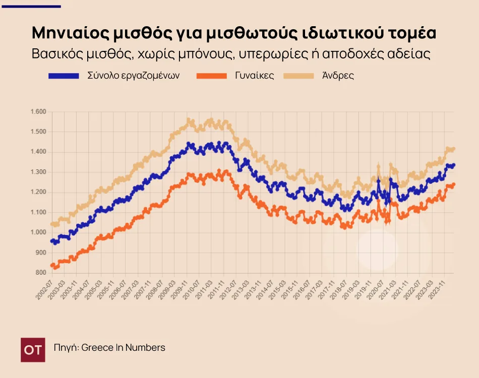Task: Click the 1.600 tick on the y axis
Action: coord(38,112)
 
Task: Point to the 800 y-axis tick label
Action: coord(41,273)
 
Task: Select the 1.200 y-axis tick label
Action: coord(38,192)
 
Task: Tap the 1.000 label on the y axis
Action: coord(38,232)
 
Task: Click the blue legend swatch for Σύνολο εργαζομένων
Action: coord(64,76)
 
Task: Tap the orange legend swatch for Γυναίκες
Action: coord(211,76)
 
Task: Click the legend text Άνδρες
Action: coord(338,76)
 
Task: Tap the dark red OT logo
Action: coord(33,350)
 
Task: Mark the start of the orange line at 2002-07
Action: coord(52,265)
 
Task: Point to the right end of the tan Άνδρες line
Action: coord(454,149)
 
